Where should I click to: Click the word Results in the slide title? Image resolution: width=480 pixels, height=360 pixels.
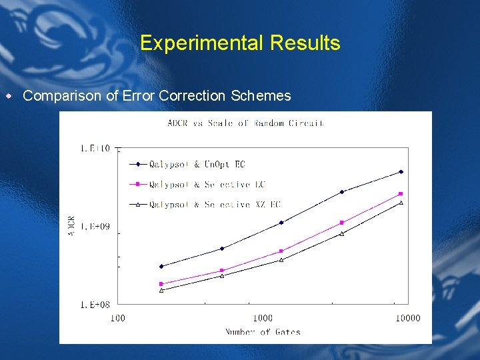point(305,43)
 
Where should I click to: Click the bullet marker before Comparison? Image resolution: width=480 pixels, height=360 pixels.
point(9,96)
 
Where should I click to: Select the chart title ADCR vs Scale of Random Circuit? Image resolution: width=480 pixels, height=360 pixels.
point(245,123)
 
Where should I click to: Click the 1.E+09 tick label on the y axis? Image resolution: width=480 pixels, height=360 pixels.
point(95,227)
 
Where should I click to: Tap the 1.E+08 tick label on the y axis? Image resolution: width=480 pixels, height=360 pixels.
point(95,305)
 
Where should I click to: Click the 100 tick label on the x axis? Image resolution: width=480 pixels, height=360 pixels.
point(117,318)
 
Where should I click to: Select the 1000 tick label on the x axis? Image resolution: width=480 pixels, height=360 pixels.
point(263,318)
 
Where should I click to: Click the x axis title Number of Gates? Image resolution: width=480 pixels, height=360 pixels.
point(263,332)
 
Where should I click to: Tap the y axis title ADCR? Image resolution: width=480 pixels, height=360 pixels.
point(71,226)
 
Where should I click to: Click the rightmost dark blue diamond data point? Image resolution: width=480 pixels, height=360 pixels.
point(401,172)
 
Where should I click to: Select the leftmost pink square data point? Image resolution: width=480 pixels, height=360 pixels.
point(161,284)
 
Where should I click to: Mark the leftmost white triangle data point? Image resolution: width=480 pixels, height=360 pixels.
point(161,290)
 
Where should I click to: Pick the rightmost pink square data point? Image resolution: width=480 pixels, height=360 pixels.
point(401,194)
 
